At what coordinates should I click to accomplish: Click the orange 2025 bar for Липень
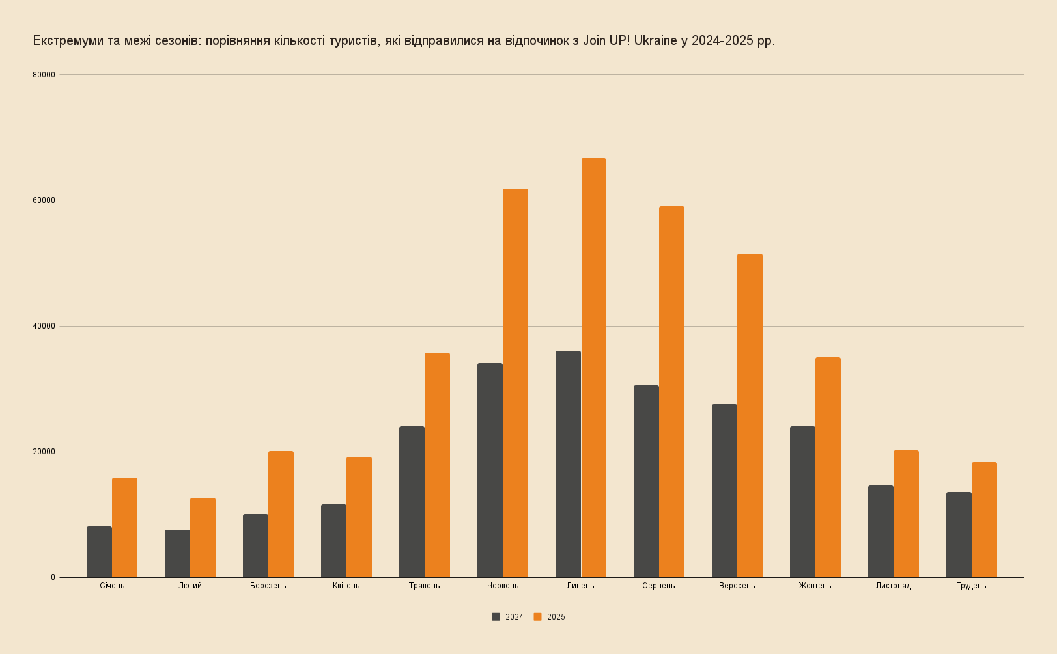point(593,368)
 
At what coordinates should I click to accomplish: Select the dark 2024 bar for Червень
point(490,470)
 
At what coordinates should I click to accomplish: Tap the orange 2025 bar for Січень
point(124,527)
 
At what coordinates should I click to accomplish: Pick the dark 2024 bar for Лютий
point(177,553)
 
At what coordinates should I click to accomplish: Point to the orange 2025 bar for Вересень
point(750,415)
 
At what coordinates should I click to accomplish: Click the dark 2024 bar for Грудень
point(959,534)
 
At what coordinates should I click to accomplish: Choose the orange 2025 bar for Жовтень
point(828,467)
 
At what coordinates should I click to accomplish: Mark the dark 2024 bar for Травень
point(412,502)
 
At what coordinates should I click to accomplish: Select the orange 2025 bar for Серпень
point(671,392)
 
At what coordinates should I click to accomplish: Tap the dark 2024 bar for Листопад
point(881,531)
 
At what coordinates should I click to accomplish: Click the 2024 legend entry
point(508,617)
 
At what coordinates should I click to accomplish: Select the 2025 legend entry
point(550,617)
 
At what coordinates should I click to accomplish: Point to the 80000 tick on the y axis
point(44,75)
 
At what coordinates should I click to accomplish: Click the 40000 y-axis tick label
point(44,326)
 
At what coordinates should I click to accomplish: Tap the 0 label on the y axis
point(53,577)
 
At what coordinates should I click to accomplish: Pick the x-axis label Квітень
point(346,586)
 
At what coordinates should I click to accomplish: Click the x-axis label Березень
point(268,586)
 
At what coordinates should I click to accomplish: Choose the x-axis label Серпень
point(658,586)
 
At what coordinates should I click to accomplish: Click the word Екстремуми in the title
point(68,41)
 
